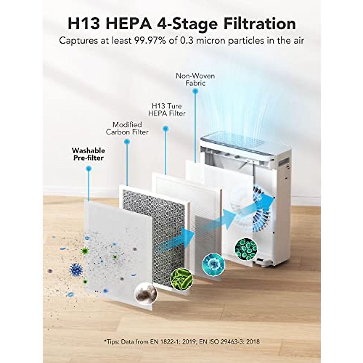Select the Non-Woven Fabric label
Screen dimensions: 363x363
tap(195, 79)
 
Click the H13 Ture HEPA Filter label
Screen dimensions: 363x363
tap(168, 110)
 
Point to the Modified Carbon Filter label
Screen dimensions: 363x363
tap(127, 128)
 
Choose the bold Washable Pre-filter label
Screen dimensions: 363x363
tap(88, 154)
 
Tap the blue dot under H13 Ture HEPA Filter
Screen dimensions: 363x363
tap(165, 129)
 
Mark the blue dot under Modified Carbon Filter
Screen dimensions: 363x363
tap(127, 141)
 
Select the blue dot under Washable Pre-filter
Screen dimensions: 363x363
tap(88, 168)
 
